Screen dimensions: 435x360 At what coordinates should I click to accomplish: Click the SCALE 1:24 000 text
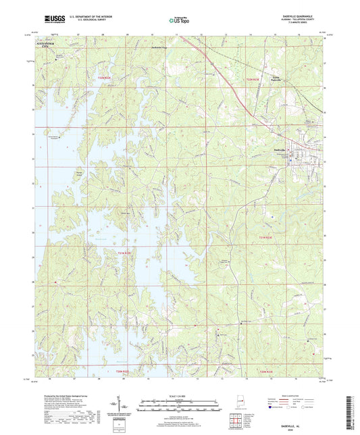[x=179, y=395]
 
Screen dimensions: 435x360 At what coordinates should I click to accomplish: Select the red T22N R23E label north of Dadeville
[x=253, y=80]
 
